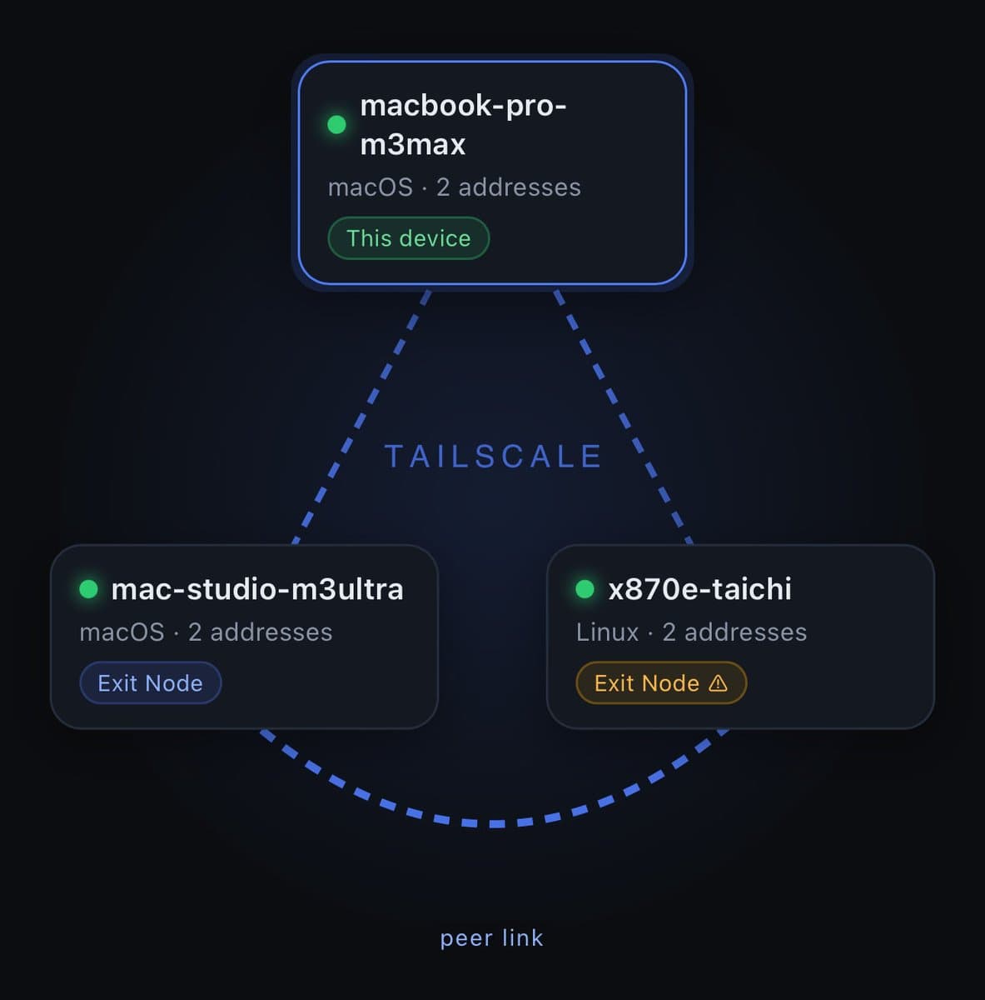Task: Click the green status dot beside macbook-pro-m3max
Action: pos(336,125)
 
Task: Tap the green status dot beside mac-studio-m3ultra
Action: pos(88,589)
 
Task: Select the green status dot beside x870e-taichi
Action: pos(585,589)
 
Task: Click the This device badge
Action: pos(408,238)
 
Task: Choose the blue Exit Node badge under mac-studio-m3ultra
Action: pos(150,683)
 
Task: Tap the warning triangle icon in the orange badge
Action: pos(718,683)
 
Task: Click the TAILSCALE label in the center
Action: pos(493,457)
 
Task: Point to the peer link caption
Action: pos(491,938)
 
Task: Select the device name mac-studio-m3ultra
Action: pos(256,589)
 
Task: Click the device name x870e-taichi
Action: pos(699,589)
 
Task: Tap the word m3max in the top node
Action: pos(412,145)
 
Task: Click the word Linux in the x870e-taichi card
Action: pos(607,632)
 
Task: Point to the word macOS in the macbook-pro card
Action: pos(370,187)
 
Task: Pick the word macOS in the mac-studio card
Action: pos(122,632)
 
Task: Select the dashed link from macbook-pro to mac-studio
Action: pos(361,417)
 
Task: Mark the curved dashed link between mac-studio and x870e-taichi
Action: pos(493,823)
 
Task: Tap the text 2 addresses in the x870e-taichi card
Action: pos(734,632)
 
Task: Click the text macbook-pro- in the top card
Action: pos(463,106)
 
